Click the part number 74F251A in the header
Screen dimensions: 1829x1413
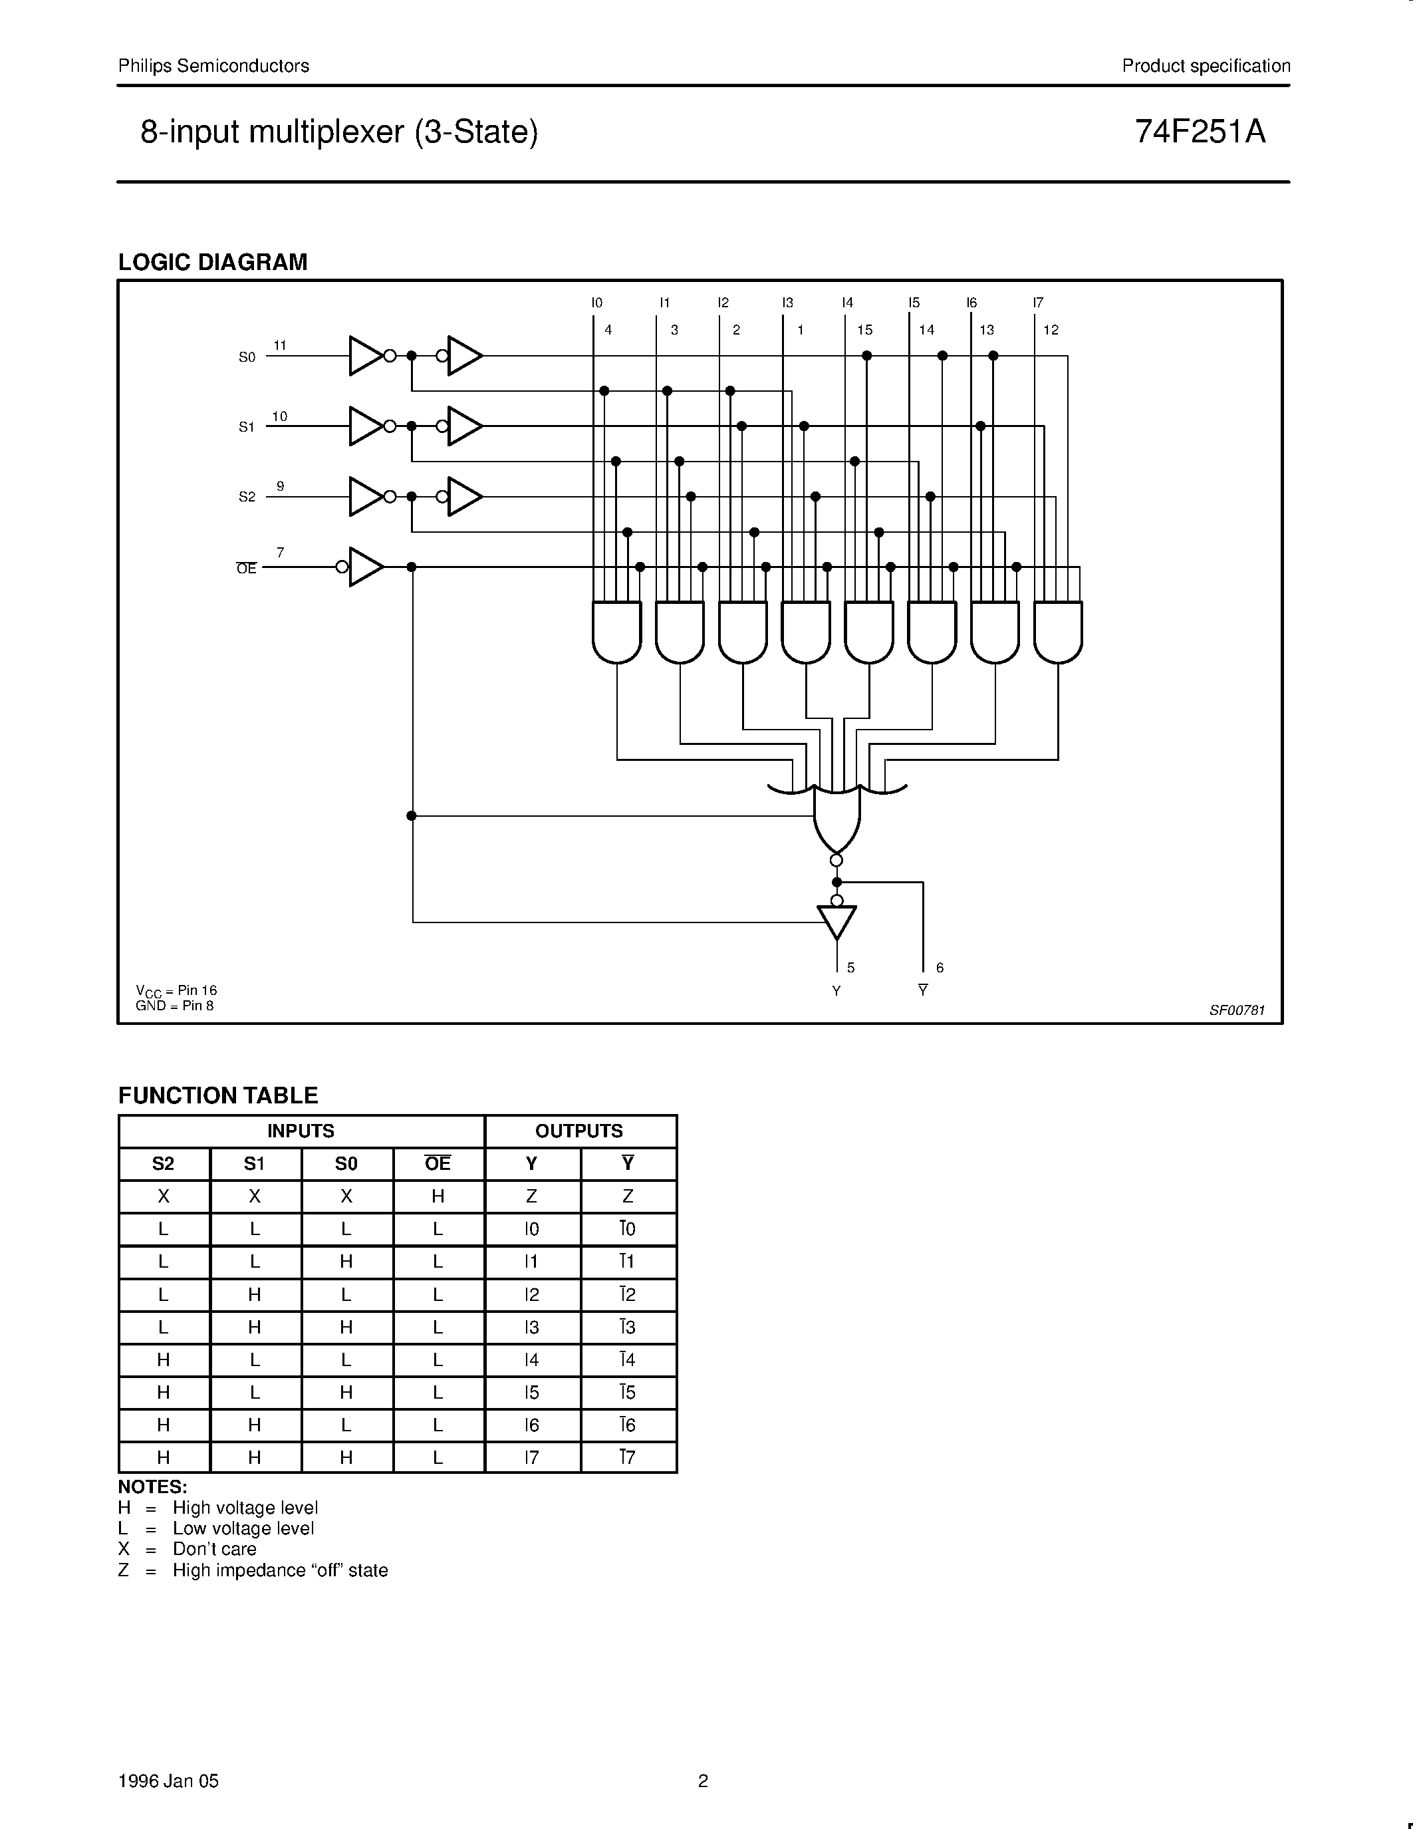point(1200,132)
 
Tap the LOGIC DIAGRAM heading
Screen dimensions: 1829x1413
point(213,262)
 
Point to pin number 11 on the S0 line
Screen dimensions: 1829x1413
point(279,345)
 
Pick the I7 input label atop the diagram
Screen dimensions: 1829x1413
point(1038,303)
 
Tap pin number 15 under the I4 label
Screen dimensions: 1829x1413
point(864,330)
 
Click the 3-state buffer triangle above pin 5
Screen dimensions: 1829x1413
point(837,922)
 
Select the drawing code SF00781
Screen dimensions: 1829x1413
point(1236,1010)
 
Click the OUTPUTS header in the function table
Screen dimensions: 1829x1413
point(579,1131)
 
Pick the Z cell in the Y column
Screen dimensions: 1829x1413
point(531,1196)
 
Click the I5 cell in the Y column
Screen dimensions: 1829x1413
point(531,1393)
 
